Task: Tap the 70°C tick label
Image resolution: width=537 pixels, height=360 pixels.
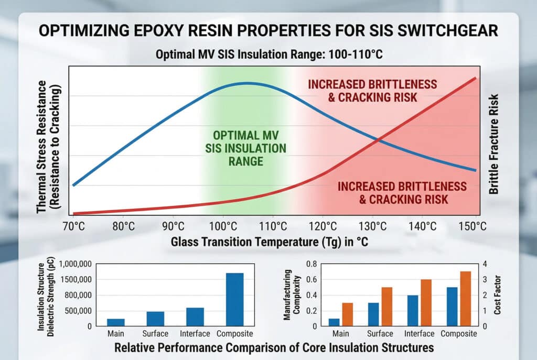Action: pos(73,227)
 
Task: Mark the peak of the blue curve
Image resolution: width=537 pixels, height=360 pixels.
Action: pos(244,83)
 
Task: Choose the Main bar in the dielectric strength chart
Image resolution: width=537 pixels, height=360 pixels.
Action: pos(115,322)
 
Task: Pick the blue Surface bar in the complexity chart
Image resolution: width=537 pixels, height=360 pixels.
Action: pos(373,314)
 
